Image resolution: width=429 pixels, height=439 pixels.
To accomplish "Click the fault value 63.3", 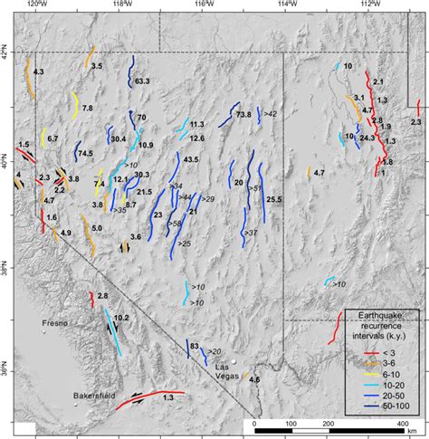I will pyautogui.click(x=141, y=81).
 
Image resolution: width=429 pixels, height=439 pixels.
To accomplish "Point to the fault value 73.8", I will pyautogui.click(x=243, y=115).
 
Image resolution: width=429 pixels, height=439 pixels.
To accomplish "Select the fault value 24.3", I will pyautogui.click(x=367, y=138).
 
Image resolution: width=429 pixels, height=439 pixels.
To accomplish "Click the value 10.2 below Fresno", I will pyautogui.click(x=121, y=319).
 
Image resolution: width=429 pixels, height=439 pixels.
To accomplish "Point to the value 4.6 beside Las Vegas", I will pyautogui.click(x=254, y=379).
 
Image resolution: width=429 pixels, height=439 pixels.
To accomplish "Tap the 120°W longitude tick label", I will pyautogui.click(x=35, y=5).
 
